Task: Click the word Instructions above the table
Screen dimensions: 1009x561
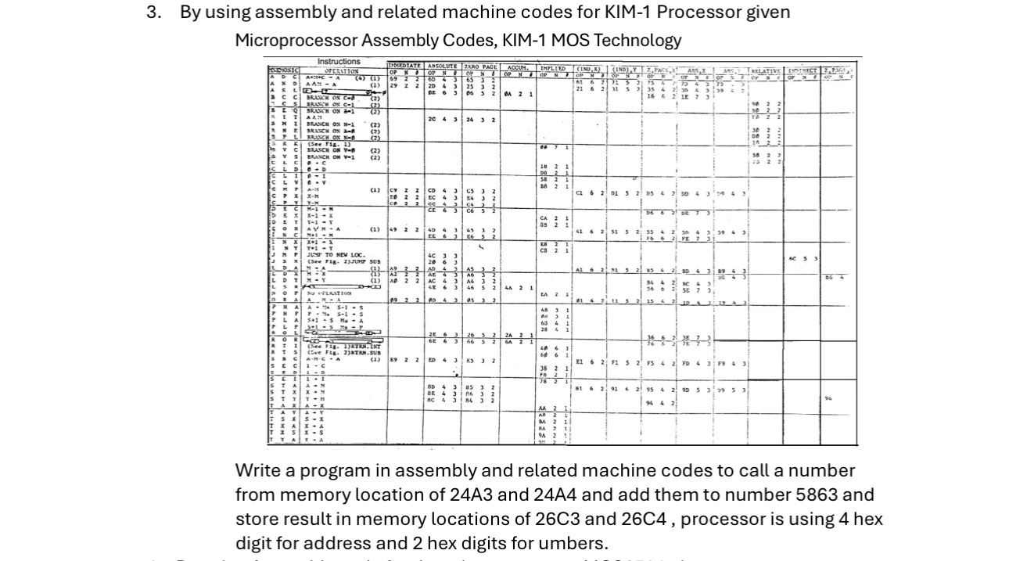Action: coord(339,61)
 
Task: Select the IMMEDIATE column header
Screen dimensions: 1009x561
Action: coord(405,67)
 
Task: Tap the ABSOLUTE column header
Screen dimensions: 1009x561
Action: coord(443,67)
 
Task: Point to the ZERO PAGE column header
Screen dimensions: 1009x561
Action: coord(480,67)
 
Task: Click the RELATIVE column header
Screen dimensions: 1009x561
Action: coord(765,70)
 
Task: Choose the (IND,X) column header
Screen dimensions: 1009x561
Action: coord(592,69)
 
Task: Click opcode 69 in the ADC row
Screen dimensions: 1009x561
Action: coord(394,79)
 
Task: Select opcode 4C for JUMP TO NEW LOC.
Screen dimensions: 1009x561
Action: coord(431,255)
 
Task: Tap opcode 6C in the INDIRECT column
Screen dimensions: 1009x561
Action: coord(792,258)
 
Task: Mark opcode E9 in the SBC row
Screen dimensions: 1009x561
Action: coord(394,360)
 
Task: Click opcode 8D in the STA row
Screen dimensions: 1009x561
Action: coord(431,387)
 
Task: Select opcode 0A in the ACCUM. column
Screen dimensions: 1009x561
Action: coord(508,94)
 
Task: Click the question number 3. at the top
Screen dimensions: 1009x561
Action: coord(153,13)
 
